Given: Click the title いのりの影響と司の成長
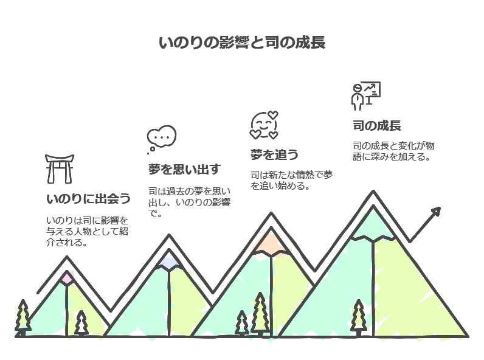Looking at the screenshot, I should click(x=241, y=43).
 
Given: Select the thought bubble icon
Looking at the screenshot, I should click(x=161, y=139).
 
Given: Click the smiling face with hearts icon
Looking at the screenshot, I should click(x=264, y=125).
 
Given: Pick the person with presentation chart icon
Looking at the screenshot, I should click(x=365, y=95).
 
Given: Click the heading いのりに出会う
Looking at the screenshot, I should click(x=88, y=199).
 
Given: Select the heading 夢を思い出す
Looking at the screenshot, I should click(x=184, y=168).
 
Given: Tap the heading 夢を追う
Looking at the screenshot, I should click(x=274, y=154).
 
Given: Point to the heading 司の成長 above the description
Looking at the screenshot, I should click(x=376, y=126).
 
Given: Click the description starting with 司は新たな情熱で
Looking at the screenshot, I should click(x=291, y=181).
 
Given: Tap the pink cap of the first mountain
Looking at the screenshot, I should click(x=67, y=278).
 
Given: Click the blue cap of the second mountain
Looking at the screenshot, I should click(x=168, y=262).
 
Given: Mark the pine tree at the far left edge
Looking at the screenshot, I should click(x=22, y=316).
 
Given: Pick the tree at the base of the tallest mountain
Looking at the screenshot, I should click(x=359, y=317).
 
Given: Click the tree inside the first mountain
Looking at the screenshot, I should click(x=81, y=323).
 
